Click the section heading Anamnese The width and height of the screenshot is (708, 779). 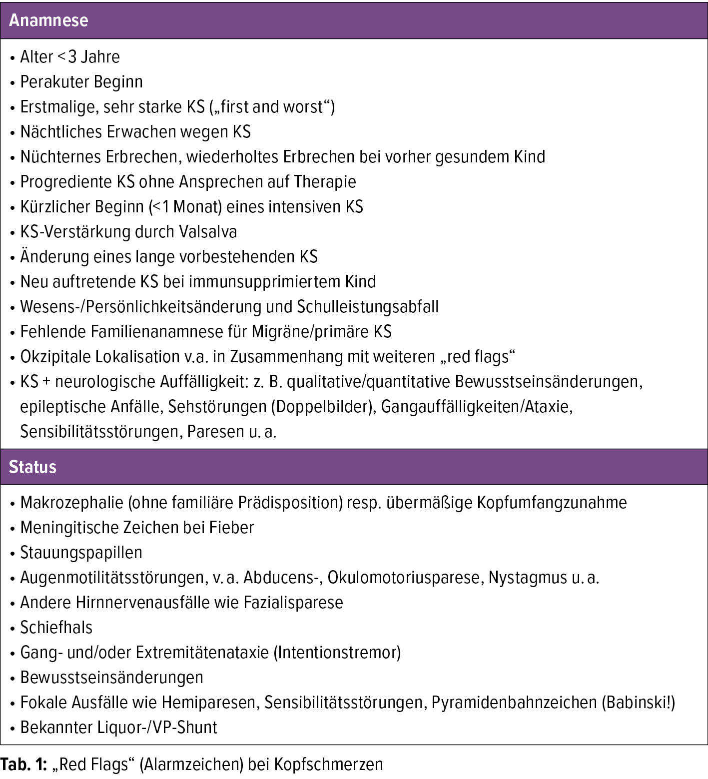pos(48,20)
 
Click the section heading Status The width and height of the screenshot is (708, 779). pos(32,467)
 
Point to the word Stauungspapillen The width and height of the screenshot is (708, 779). pos(81,553)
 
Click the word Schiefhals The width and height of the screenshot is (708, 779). pos(56,628)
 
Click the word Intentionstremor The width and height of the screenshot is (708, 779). pos(337,653)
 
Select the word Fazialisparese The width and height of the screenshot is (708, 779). pos(293,603)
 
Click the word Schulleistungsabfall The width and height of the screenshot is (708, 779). pos(368,307)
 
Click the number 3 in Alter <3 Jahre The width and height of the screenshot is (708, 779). pos(72,57)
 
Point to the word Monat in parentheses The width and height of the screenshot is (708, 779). pos(195,207)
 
